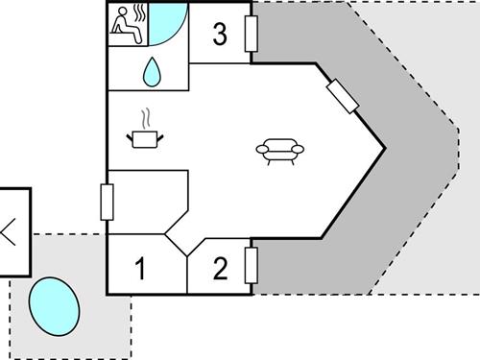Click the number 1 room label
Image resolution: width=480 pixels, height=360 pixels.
[140, 269]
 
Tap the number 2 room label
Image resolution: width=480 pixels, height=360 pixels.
[221, 268]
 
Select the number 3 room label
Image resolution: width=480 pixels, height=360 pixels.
[220, 36]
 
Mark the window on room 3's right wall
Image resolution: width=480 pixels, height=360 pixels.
[252, 35]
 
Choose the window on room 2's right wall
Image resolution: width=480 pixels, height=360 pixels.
[252, 265]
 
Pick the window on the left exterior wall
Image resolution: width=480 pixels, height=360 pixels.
[106, 203]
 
